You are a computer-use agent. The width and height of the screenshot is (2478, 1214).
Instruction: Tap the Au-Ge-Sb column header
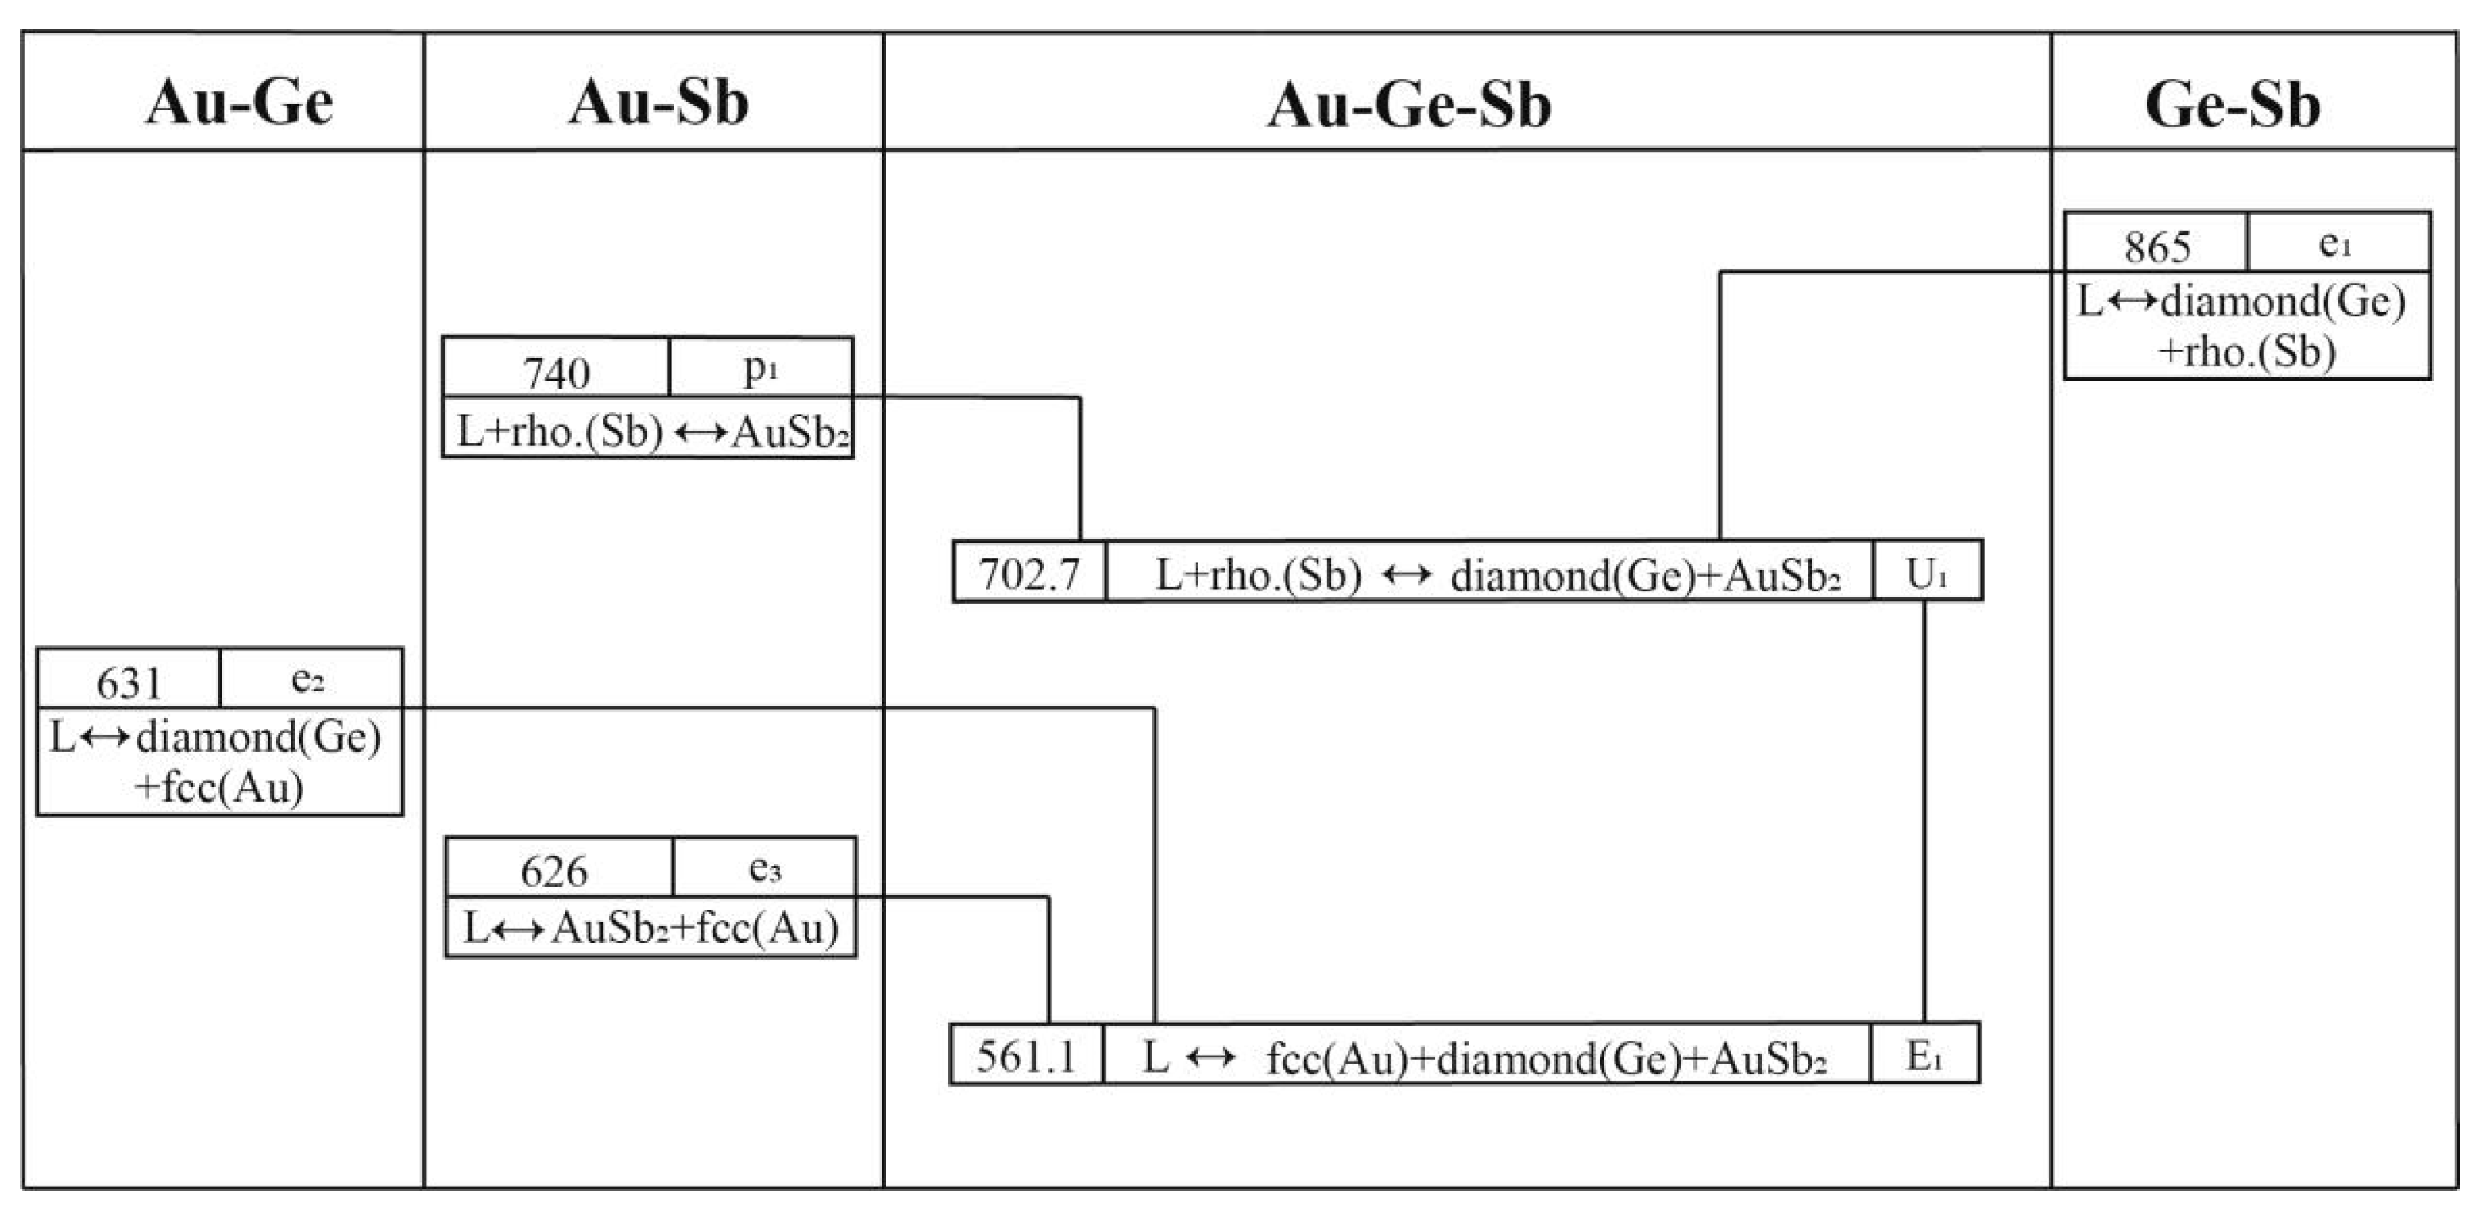(1408, 104)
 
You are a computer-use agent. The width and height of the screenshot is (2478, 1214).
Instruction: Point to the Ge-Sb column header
(2232, 104)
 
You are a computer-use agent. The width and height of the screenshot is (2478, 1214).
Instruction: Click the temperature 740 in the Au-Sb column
(556, 371)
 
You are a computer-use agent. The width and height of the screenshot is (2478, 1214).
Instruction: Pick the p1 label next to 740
(760, 368)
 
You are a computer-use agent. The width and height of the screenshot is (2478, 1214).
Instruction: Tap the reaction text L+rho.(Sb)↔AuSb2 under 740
(650, 432)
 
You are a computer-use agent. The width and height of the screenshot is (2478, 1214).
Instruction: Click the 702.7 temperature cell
(1029, 574)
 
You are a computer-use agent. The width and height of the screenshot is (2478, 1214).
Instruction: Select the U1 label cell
(1926, 574)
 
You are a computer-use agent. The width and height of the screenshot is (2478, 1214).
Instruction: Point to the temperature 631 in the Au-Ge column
(129, 682)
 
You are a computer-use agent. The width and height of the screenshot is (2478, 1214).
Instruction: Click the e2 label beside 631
(308, 679)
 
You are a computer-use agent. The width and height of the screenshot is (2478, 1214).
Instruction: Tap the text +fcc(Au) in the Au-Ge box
(219, 787)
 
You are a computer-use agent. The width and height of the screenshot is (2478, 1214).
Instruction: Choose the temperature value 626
(554, 871)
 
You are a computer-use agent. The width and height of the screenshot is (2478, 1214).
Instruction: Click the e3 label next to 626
(765, 868)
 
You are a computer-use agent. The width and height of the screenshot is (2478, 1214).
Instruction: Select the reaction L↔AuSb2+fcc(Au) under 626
(650, 927)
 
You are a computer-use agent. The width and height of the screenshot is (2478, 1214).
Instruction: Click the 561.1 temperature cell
(1025, 1056)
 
